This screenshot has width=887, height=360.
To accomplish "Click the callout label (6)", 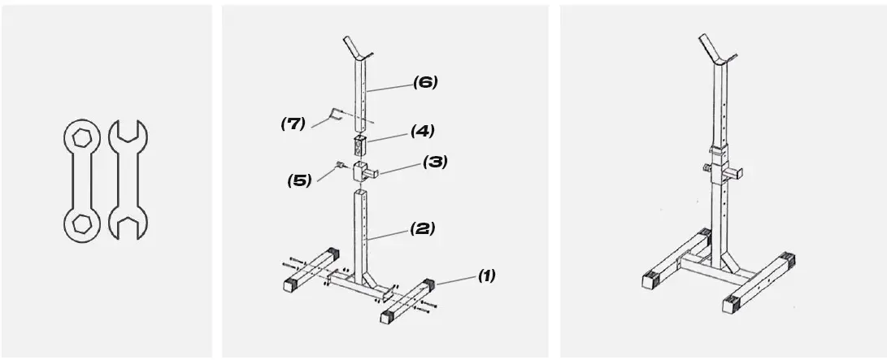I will coord(425,81).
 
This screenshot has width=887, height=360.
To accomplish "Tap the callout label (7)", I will coord(293,124).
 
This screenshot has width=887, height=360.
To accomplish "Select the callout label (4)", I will coord(422,130).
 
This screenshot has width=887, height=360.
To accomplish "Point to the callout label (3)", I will coord(435,162).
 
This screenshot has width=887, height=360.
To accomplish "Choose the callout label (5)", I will coord(299,180).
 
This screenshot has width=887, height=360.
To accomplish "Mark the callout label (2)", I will coord(423,228).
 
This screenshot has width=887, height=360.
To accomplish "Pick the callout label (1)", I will coord(485,275).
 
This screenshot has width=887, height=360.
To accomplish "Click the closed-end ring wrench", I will coord(80,180).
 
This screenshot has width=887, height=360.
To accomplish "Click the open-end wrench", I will coord(127,180).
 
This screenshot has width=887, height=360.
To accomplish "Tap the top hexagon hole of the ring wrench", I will coord(81,137).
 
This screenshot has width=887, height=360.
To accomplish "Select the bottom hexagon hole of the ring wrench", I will coord(80,223).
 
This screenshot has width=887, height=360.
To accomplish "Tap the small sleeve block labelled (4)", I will coord(360,146).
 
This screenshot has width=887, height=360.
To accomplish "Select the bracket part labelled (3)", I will coord(363,171).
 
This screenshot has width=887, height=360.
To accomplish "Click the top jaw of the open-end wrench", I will coord(128,132).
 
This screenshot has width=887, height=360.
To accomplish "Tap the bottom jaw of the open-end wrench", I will coord(128,228).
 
